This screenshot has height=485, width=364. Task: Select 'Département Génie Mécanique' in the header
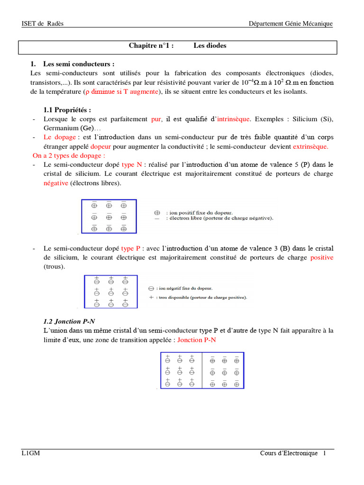point(291,24)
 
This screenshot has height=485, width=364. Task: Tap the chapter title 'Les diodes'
point(209,46)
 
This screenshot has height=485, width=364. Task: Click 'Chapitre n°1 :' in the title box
point(151,46)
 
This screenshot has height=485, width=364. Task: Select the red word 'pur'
point(156,119)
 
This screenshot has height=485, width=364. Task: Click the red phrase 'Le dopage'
point(59,137)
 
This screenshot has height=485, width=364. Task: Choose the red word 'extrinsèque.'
point(310,146)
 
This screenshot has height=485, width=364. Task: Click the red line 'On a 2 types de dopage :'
point(69,155)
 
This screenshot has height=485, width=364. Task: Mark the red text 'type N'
point(132,164)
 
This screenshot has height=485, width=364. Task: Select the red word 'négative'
point(56,183)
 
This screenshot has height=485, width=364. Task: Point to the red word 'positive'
point(322,258)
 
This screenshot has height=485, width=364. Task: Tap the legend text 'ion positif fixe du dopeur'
point(199,214)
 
